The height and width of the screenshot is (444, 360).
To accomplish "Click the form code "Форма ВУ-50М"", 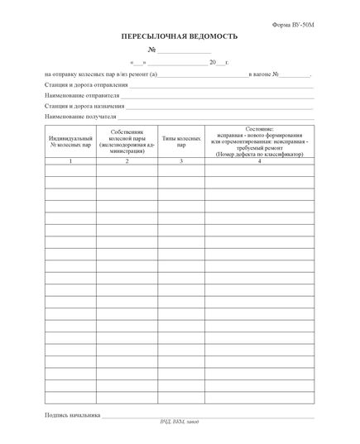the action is [294, 26].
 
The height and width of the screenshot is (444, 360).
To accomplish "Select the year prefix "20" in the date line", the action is [213, 63].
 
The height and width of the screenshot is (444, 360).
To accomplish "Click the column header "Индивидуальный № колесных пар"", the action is [70, 141].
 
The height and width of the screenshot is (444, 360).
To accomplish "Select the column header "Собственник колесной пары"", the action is [127, 141].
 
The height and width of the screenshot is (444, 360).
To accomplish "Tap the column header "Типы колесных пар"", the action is [181, 141].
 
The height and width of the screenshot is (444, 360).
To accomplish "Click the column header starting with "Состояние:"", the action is [259, 141].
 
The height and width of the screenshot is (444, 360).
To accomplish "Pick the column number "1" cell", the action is [70, 160].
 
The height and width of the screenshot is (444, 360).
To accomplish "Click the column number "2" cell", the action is [127, 160].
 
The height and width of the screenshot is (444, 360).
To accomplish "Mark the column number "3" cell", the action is [181, 160].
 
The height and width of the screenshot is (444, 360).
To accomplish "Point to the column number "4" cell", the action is [259, 160].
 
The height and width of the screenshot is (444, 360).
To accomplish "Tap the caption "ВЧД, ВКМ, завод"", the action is [180, 423].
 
